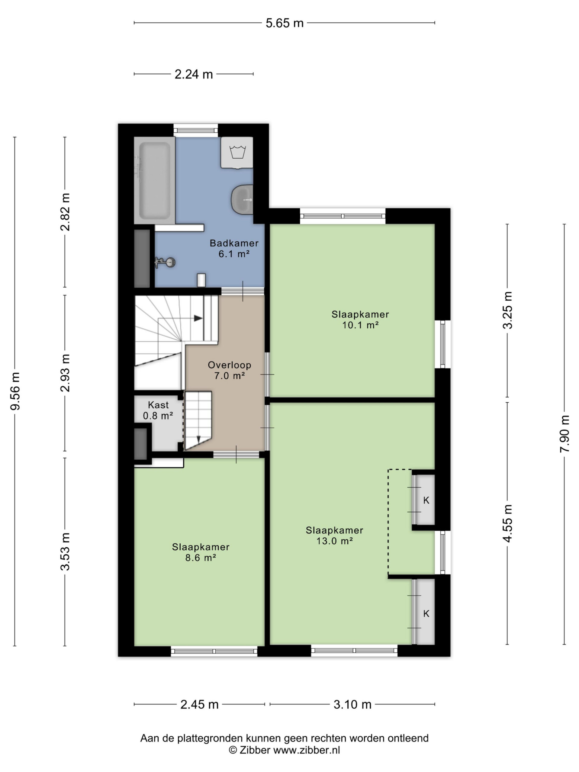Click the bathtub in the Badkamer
(154, 180)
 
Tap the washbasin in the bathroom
(242, 199)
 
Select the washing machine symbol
(237, 153)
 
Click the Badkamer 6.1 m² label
(234, 248)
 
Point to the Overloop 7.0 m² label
(229, 370)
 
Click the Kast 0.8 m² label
(158, 410)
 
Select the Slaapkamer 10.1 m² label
(360, 319)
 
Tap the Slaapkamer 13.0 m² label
(334, 535)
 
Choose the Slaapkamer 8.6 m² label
(201, 552)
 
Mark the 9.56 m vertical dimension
(15, 391)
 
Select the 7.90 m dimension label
(564, 434)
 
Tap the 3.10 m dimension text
(353, 704)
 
